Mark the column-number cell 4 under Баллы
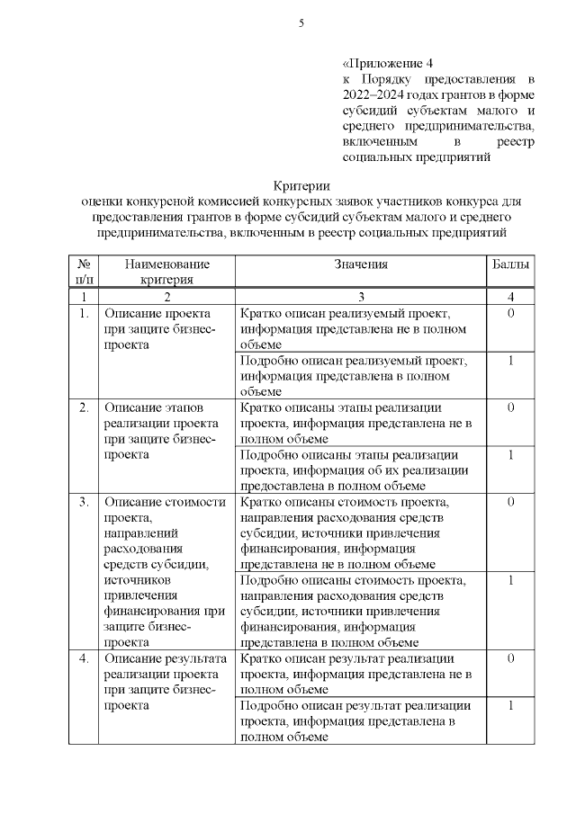[510, 297]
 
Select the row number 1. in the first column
[84, 314]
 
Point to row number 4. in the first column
[84, 659]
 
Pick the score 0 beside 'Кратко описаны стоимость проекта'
[510, 502]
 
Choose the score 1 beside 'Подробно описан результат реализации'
[510, 705]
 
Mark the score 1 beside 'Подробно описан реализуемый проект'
[510, 361]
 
